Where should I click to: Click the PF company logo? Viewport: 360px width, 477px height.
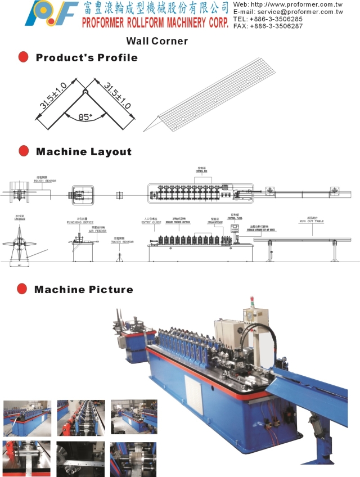tap(51, 13)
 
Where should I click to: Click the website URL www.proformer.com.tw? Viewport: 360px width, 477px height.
tap(304, 4)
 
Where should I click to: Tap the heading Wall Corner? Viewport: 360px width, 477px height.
tap(157, 41)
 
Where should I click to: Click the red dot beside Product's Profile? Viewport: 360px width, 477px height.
tap(24, 57)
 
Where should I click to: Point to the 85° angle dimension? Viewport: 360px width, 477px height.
tap(85, 118)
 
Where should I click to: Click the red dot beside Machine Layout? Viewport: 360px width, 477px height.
tap(24, 151)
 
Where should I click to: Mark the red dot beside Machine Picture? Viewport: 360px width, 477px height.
tap(22, 289)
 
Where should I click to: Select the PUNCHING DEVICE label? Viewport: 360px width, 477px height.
tap(79, 222)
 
